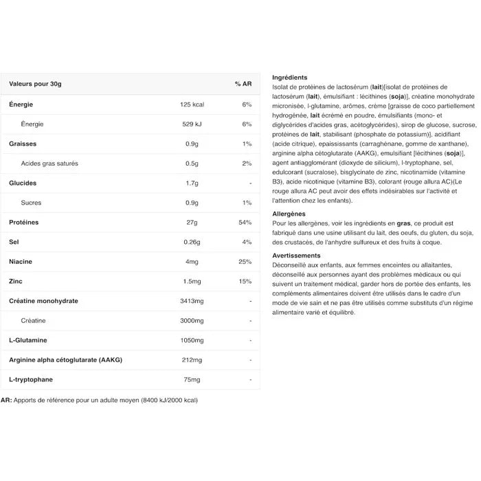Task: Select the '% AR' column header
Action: point(243,84)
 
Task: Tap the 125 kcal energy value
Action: point(192,104)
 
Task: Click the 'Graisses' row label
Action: point(23,144)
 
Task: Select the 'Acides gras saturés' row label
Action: point(49,164)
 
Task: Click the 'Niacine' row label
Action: point(21,262)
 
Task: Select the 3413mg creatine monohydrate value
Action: point(192,301)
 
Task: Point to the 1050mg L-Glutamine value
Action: point(192,341)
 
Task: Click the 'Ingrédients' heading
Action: point(289,78)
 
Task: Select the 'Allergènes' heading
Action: point(289,214)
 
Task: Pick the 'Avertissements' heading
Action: point(296,256)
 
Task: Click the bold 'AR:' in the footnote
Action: point(6,400)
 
